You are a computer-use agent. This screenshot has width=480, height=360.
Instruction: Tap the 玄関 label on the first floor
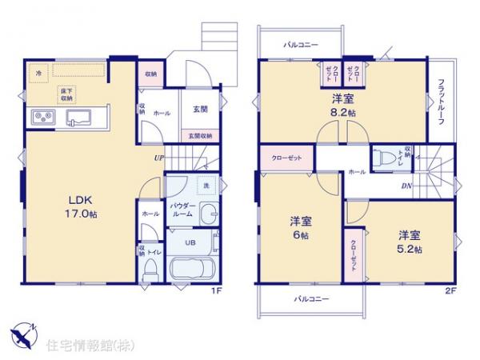(x=201, y=110)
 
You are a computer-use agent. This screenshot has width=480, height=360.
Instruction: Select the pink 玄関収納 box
(x=201, y=136)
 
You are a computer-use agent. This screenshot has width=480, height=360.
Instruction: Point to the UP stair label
(x=160, y=158)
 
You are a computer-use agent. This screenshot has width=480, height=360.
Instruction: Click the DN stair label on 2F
(x=406, y=187)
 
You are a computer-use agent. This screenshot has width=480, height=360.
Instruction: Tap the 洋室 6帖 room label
(x=299, y=227)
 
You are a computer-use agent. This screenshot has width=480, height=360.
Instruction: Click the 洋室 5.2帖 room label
(x=408, y=242)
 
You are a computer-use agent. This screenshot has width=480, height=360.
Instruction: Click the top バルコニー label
(x=301, y=45)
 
